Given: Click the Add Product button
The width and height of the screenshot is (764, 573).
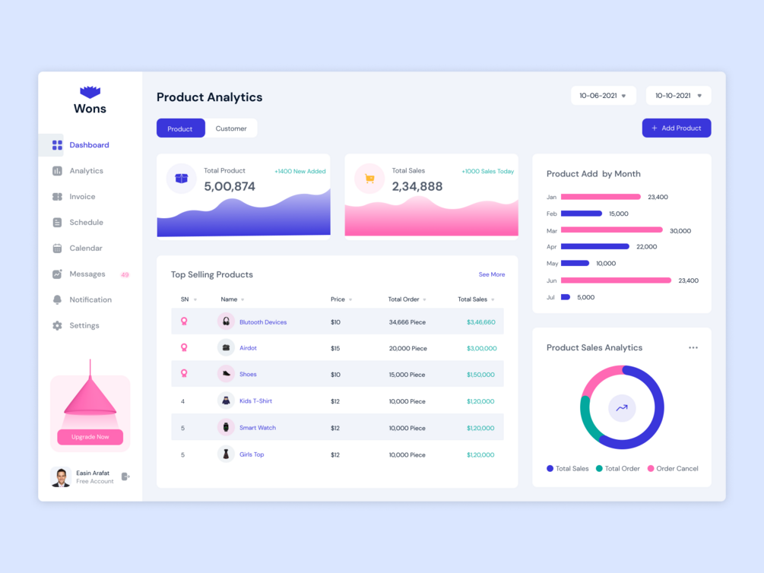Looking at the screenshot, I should pyautogui.click(x=676, y=128).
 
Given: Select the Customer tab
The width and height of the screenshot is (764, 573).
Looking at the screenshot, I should pyautogui.click(x=231, y=128).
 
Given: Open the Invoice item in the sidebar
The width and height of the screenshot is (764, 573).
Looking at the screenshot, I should pyautogui.click(x=82, y=197).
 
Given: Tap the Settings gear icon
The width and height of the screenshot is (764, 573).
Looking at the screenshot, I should pyautogui.click(x=57, y=325).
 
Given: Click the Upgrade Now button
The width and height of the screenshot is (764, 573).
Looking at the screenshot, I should pyautogui.click(x=90, y=437).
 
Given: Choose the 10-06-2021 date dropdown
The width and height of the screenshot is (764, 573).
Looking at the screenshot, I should pyautogui.click(x=603, y=96).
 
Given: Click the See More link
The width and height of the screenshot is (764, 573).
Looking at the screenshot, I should pyautogui.click(x=491, y=274).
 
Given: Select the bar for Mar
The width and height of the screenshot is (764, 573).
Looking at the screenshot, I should pyautogui.click(x=611, y=230).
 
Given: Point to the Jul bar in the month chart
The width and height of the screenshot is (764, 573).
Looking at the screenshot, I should pyautogui.click(x=566, y=297).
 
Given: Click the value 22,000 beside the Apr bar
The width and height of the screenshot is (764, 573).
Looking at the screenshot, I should pyautogui.click(x=646, y=247).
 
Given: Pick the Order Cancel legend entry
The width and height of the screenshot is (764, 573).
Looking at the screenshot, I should pyautogui.click(x=672, y=469).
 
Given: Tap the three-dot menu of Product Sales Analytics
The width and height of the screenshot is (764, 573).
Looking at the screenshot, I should pyautogui.click(x=693, y=348).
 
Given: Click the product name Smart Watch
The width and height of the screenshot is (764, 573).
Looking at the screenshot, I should pyautogui.click(x=258, y=428).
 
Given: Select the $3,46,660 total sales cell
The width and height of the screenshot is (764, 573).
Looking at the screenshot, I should pyautogui.click(x=480, y=322).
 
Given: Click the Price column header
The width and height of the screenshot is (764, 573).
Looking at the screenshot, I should pyautogui.click(x=338, y=299).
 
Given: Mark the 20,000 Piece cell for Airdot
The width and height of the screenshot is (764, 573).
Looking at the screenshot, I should pyautogui.click(x=407, y=349).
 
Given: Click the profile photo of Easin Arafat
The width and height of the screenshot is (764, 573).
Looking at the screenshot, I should pyautogui.click(x=61, y=476).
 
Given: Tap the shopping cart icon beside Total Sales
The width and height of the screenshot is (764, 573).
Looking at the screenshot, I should pyautogui.click(x=369, y=179).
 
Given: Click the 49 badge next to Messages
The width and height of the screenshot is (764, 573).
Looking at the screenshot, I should pyautogui.click(x=125, y=274).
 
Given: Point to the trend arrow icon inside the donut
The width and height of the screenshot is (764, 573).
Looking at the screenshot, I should pyautogui.click(x=621, y=408).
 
